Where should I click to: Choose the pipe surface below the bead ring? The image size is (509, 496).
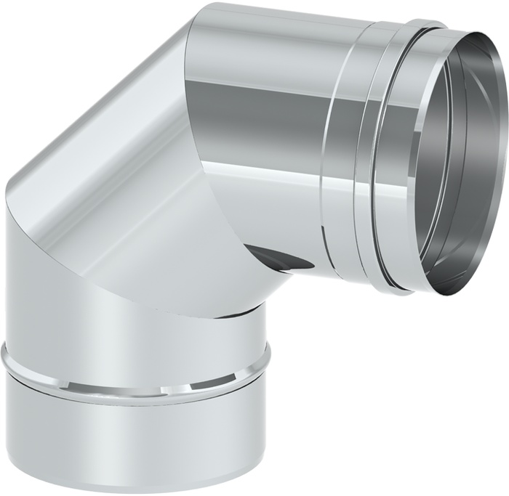(135, 436)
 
